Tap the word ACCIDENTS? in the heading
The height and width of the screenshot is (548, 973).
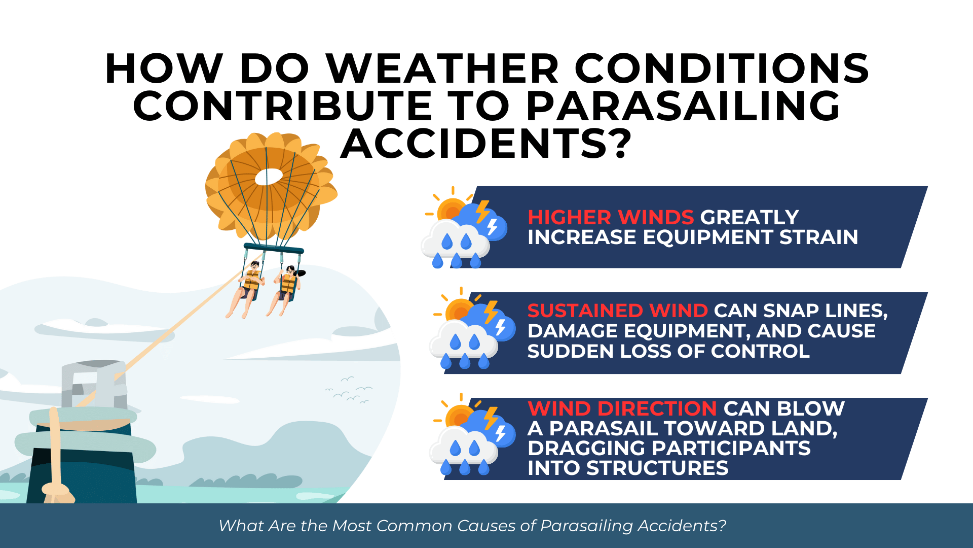(x=486, y=144)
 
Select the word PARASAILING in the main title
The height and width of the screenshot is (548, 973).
(x=683, y=107)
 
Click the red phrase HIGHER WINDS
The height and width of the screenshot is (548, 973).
(x=610, y=218)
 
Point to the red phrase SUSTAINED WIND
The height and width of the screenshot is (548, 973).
(x=617, y=311)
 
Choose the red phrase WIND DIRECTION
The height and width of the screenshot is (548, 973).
(x=622, y=408)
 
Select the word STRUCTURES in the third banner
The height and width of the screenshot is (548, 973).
(x=657, y=468)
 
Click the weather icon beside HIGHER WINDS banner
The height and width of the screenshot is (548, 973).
(x=464, y=228)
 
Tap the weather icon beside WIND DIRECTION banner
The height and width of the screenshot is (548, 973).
(x=472, y=435)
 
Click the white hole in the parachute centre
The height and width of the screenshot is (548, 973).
(x=268, y=177)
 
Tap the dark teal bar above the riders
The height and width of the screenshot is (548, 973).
(x=274, y=249)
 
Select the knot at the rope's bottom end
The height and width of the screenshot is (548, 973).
(x=56, y=490)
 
